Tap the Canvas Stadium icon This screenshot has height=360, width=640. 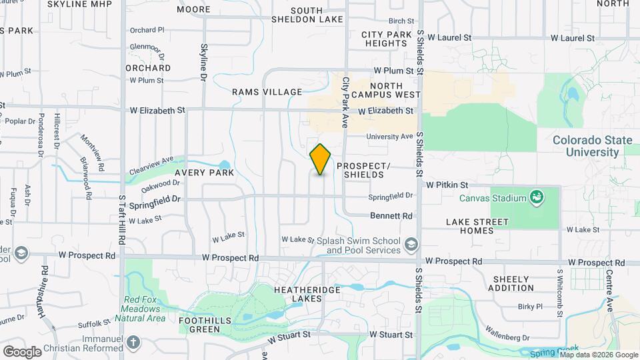coord(535,197)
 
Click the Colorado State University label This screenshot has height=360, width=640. coord(586,146)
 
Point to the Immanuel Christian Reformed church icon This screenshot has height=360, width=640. coord(134,343)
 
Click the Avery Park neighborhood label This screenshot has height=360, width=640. coord(205,173)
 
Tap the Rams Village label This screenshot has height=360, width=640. coord(267,92)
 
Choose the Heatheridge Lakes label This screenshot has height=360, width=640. coord(307,295)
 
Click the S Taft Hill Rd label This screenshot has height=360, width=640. coord(123,220)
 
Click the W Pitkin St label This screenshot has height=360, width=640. coord(448,184)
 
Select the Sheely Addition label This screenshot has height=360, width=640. coord(511,283)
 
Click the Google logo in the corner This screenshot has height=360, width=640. coord(22,351)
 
